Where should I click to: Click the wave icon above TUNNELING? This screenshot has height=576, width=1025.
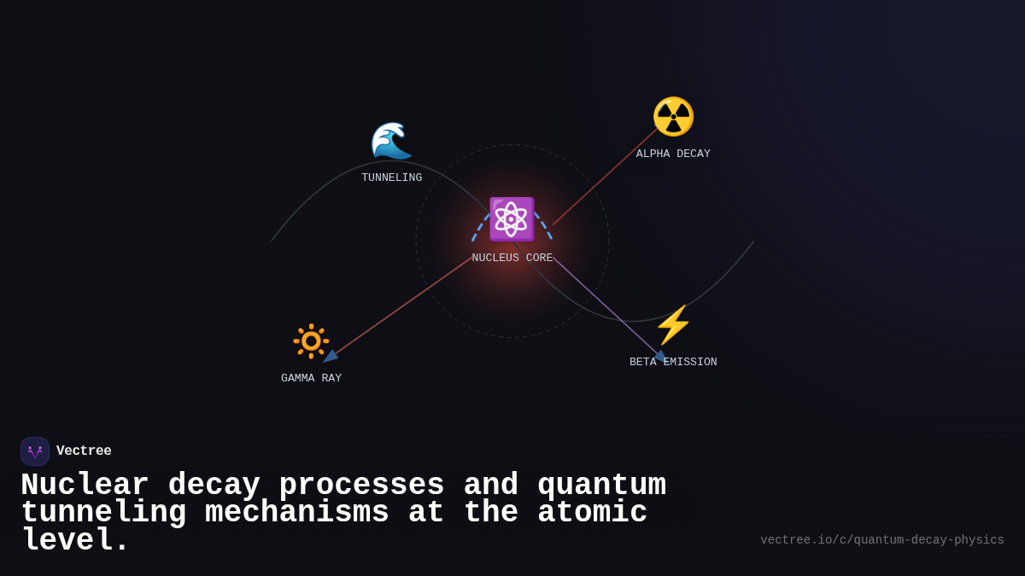[x=391, y=141]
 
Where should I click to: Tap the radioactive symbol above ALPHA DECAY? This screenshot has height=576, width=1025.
[x=673, y=117]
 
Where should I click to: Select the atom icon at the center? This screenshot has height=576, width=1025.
[x=512, y=219]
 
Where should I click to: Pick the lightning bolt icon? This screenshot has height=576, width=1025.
[x=673, y=325]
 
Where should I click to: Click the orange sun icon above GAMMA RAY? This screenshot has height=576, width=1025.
[x=311, y=341]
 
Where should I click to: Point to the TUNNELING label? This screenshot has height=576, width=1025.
[x=391, y=177]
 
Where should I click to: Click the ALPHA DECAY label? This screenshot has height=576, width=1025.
[x=673, y=154]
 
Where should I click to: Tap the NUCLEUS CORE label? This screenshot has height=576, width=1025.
[x=512, y=258]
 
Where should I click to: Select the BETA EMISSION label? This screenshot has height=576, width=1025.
[x=673, y=362]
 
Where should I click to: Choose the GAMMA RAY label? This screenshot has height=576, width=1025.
[x=311, y=378]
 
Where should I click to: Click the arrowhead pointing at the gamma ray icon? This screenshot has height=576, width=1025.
[x=330, y=356]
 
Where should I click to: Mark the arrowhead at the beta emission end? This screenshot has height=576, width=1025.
[x=659, y=356]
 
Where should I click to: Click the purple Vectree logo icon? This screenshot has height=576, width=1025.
[x=35, y=451]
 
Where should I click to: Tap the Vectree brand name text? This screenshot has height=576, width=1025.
[x=84, y=451]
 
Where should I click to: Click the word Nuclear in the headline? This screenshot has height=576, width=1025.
[x=85, y=486]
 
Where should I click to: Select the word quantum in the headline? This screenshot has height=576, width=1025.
[x=601, y=486]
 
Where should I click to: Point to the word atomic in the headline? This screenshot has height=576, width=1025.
[x=592, y=513]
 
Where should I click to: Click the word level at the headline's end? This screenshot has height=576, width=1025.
[x=75, y=540]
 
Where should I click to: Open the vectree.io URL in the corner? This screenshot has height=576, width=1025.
[x=881, y=540]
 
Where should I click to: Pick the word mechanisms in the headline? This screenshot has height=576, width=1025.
[x=297, y=513]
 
